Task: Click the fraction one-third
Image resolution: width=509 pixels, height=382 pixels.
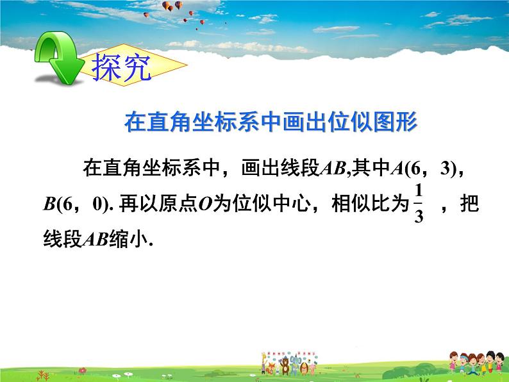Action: (x=419, y=203)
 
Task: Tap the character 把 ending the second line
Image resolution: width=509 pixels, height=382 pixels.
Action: (x=470, y=204)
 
